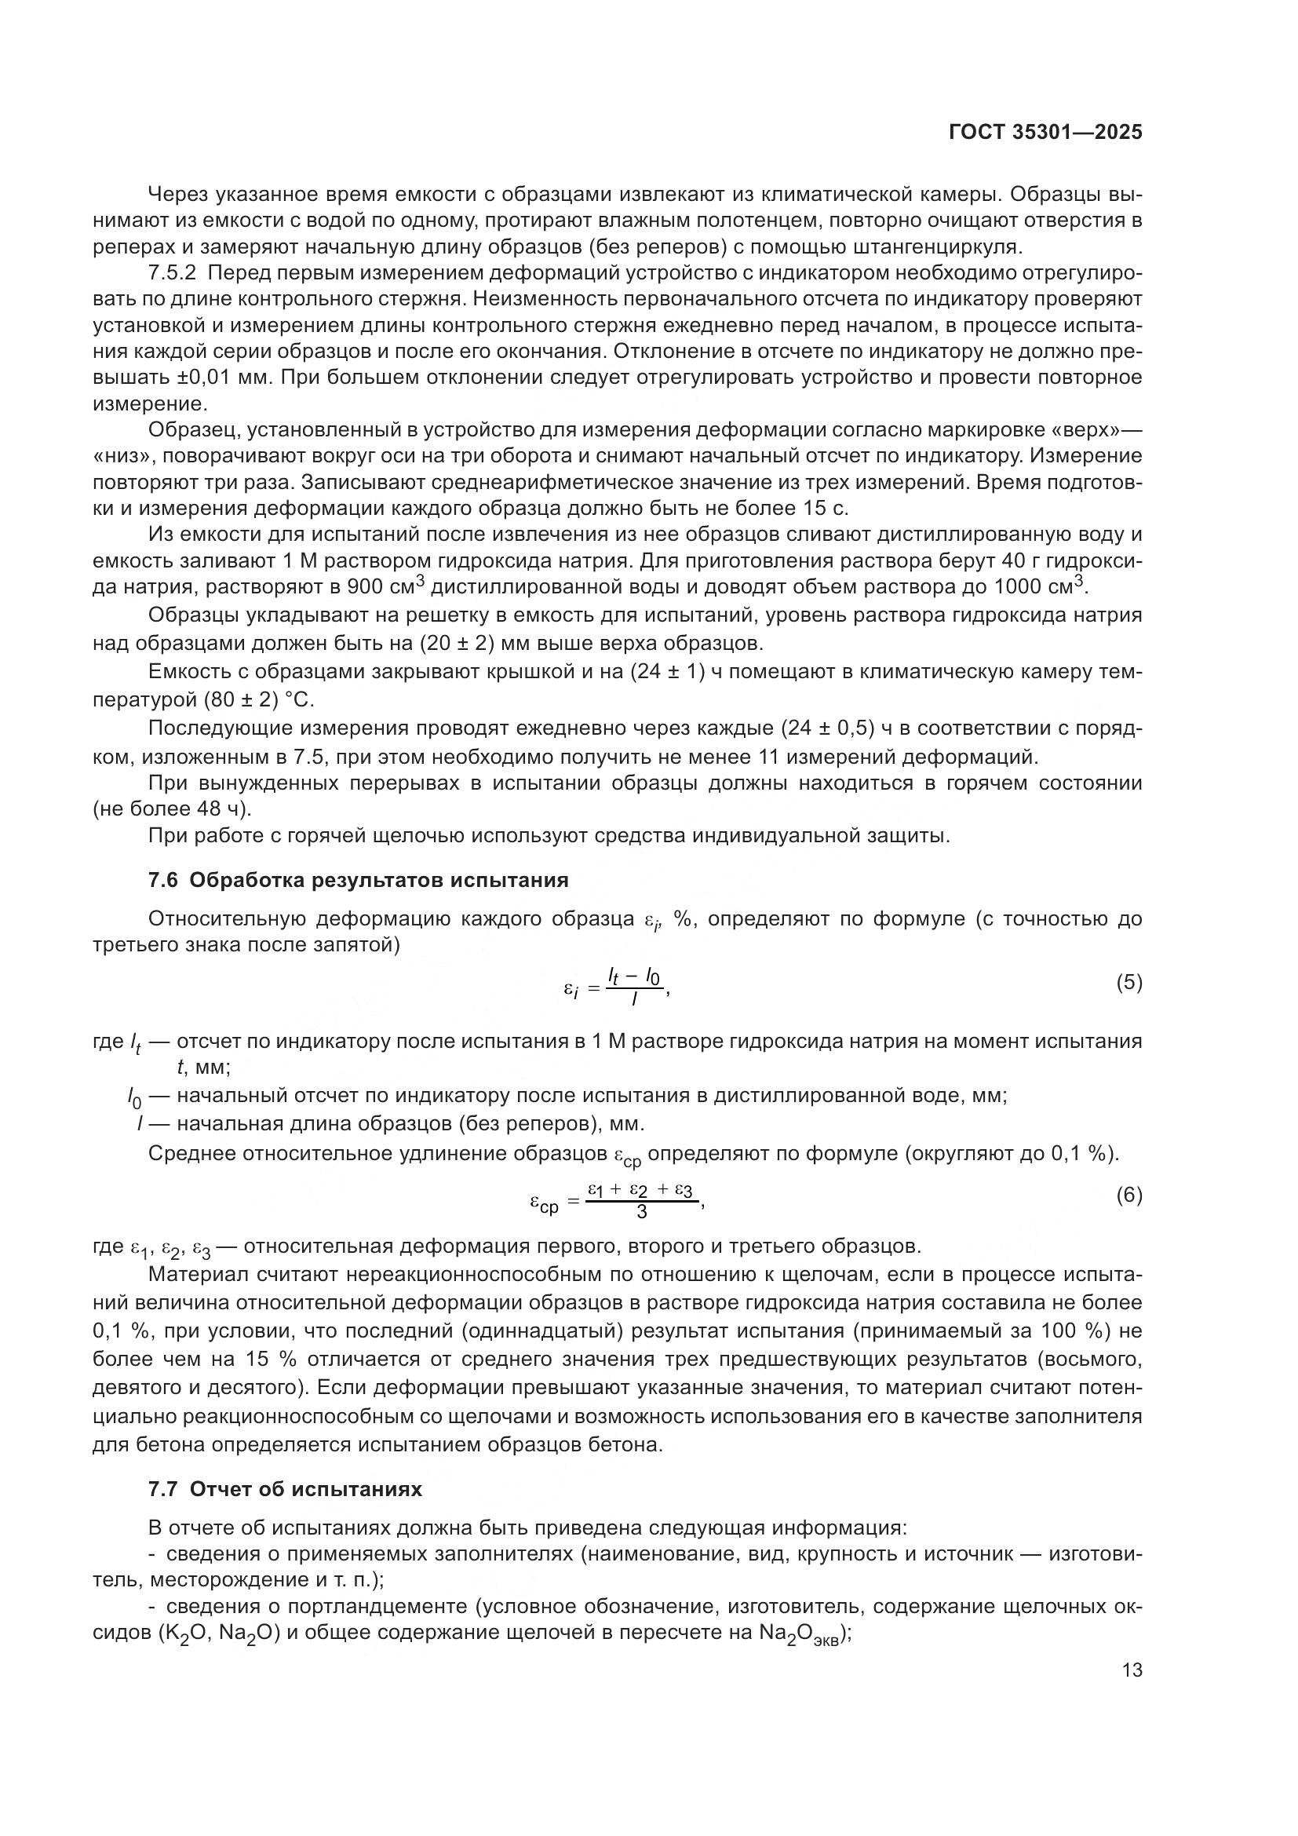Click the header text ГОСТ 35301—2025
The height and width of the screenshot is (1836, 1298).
point(1045,133)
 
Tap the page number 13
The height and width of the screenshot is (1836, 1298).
point(1132,1670)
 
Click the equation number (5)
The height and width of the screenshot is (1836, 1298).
point(1128,983)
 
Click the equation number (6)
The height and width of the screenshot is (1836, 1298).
point(1128,1195)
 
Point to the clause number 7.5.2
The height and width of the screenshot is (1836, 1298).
point(172,272)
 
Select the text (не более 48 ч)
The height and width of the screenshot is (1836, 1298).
point(172,808)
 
